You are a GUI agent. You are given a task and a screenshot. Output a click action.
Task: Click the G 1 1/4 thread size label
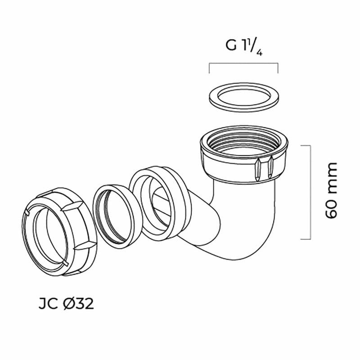pyautogui.click(x=243, y=47)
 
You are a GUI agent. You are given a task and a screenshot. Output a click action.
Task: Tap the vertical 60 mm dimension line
pyautogui.click(x=308, y=192)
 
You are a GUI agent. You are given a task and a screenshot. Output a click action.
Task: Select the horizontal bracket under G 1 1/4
pyautogui.click(x=243, y=64)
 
